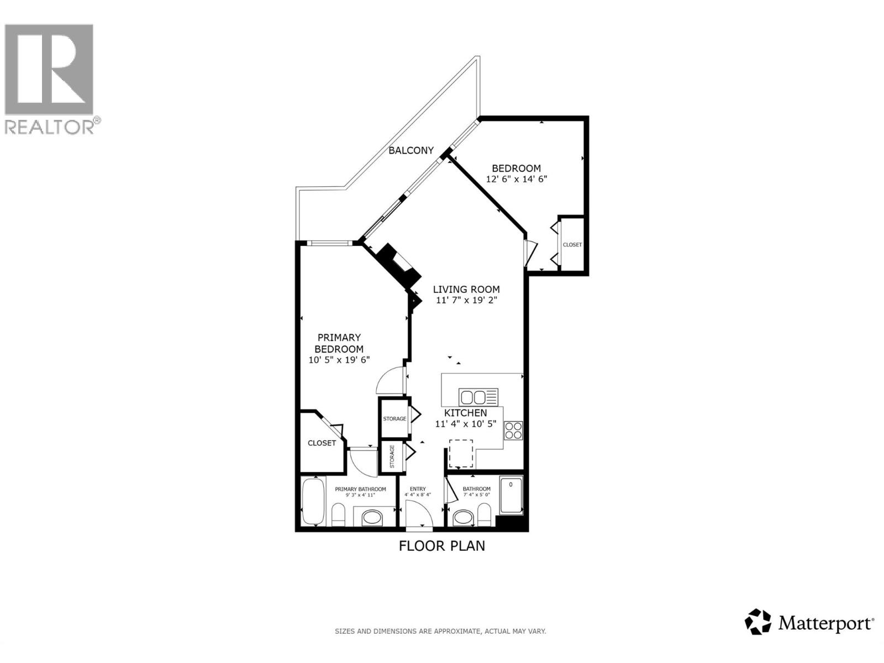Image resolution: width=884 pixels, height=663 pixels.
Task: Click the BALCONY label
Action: [411, 150]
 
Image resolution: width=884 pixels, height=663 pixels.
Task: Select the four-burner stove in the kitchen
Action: [513, 430]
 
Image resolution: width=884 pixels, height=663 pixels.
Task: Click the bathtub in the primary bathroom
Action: [313, 502]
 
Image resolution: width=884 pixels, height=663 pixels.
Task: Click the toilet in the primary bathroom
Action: [338, 517]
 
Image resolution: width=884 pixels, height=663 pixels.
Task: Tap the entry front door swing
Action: [418, 514]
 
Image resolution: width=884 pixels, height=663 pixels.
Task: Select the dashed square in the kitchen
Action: [461, 454]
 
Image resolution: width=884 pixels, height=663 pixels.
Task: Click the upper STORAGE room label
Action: [394, 419]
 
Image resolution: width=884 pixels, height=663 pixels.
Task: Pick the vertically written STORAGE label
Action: [392, 456]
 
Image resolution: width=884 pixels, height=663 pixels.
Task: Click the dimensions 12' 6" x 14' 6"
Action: [516, 180]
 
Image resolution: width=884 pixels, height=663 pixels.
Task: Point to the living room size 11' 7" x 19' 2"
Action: [466, 301]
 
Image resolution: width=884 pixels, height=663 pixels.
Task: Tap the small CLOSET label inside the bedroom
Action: [572, 245]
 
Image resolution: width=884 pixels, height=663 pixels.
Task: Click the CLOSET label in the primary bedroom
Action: [322, 443]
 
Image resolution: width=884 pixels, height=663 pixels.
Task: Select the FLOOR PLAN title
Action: [442, 546]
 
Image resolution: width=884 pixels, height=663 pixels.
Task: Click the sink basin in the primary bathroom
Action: [371, 518]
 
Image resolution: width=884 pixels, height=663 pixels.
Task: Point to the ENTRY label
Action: [418, 489]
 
